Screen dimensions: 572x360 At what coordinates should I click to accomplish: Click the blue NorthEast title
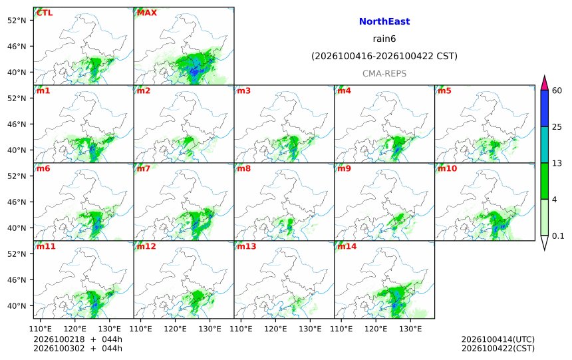coord(384,21)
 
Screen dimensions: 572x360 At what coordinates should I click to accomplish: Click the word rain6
coord(384,39)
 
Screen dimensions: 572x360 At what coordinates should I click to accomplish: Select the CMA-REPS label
coord(384,73)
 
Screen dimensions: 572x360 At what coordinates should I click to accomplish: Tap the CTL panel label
coord(45,13)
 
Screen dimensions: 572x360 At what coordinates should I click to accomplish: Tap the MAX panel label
coord(146,13)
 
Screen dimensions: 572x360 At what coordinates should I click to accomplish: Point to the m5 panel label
coord(444,90)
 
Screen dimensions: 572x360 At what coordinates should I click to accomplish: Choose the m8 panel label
coord(243,168)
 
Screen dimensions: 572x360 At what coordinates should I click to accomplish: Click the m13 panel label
coord(247,246)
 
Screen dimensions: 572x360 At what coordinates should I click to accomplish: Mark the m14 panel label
coord(347,246)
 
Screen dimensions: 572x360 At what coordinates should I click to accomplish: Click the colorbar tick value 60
coord(557,90)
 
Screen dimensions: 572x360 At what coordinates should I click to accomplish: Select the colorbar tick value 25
coord(557,126)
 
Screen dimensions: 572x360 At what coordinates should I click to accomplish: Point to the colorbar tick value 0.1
coord(558,236)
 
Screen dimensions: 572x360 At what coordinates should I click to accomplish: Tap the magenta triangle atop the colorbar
coord(545,84)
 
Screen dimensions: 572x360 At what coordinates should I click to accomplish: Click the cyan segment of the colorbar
coord(545,144)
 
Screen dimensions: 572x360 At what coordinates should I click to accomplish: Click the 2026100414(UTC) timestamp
coord(498,339)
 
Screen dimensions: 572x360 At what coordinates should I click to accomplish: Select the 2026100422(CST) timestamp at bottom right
coord(498,348)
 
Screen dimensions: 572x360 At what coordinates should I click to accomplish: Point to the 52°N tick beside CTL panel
coord(17,21)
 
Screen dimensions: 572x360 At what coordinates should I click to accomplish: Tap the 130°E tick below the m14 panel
coord(410,329)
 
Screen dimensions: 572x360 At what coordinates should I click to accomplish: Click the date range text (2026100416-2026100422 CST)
coord(384,56)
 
